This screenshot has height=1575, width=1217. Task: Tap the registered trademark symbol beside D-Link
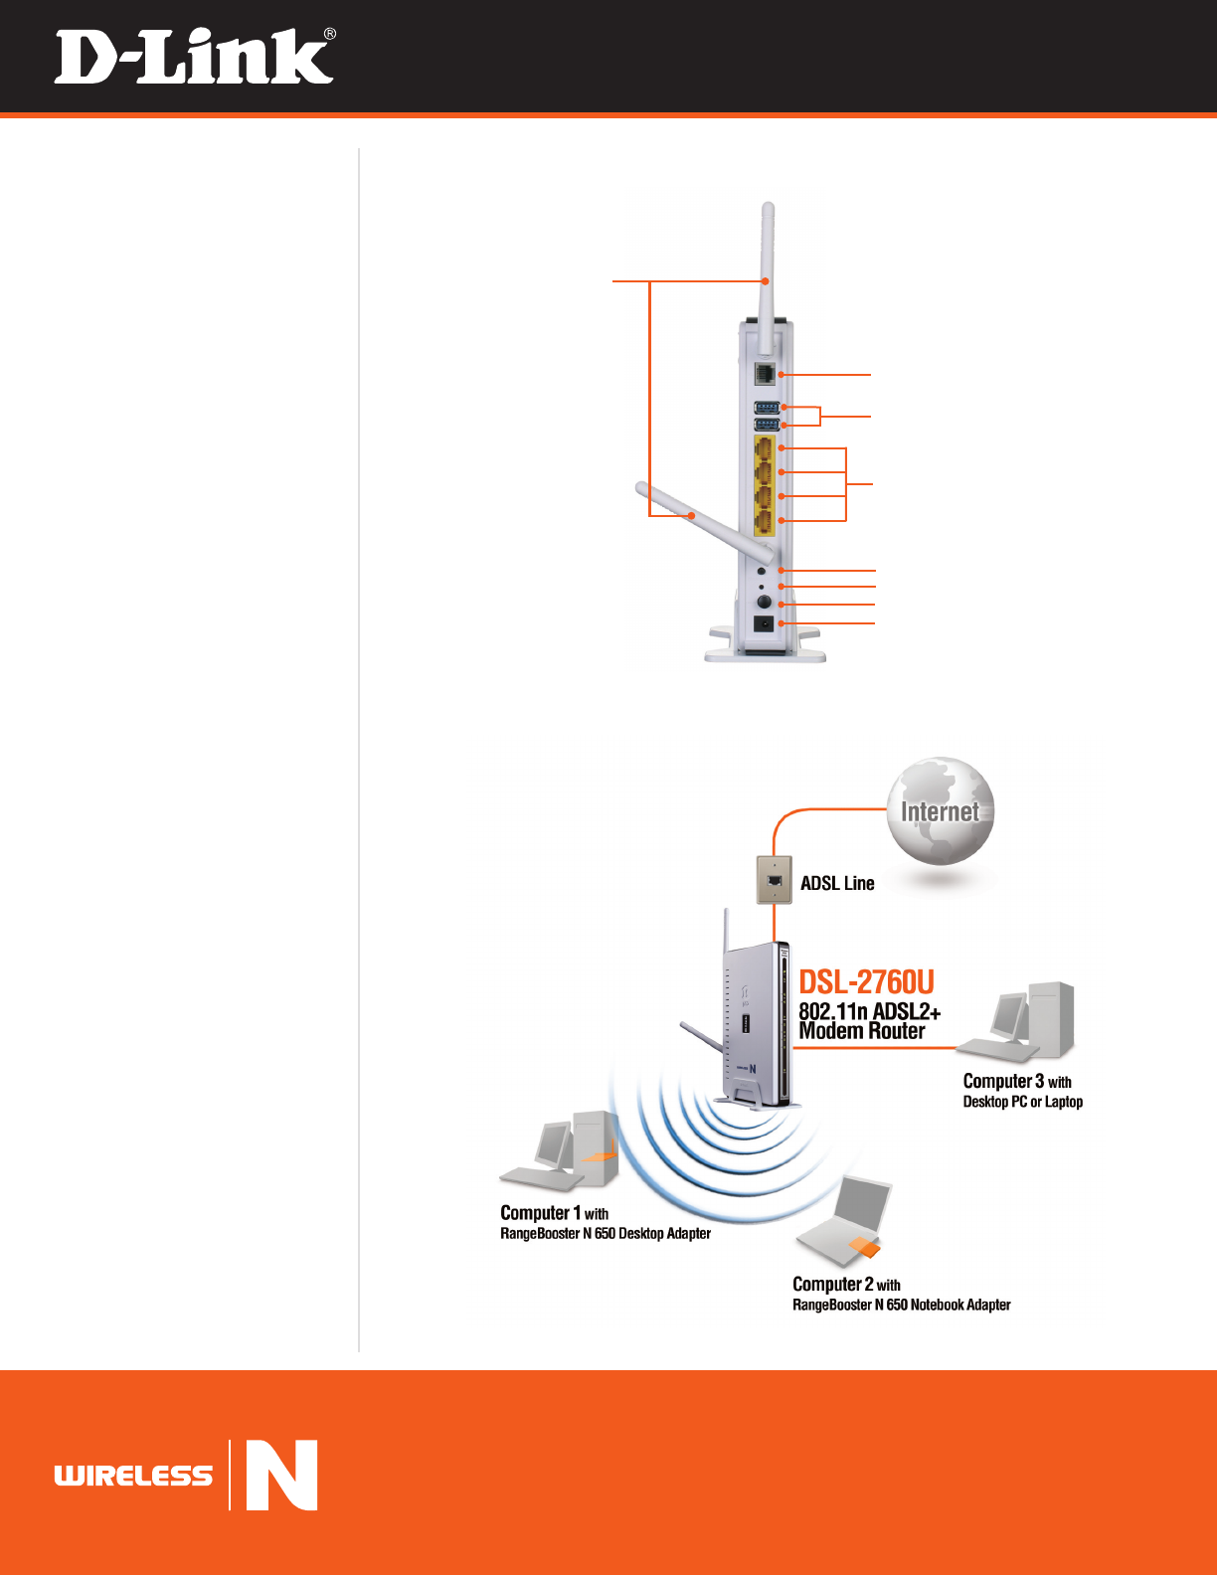click(329, 35)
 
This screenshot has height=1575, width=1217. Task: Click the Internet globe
click(940, 810)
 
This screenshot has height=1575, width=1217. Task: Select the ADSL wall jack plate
click(775, 879)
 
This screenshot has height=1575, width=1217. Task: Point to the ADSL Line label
click(837, 883)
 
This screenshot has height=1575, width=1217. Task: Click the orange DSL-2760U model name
click(866, 982)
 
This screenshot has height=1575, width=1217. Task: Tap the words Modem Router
click(861, 1031)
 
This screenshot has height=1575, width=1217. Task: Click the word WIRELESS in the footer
click(133, 1476)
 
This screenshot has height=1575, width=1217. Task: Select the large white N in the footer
click(281, 1475)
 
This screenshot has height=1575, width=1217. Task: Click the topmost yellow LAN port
click(765, 448)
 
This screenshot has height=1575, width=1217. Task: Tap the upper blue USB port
click(766, 407)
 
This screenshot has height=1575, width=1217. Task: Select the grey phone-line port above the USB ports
click(765, 374)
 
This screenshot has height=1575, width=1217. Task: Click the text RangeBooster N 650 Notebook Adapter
click(901, 1305)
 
